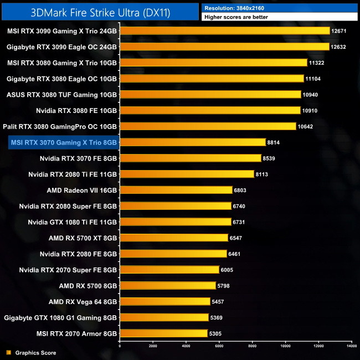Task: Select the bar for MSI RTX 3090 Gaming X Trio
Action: (x=224, y=31)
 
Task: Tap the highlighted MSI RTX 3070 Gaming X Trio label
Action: (x=63, y=143)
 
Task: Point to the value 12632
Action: (x=338, y=47)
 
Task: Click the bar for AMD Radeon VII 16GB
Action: (x=176, y=190)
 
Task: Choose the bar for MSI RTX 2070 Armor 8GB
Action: (x=163, y=333)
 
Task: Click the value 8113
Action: (x=263, y=174)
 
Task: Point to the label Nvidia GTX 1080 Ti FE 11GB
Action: (x=73, y=222)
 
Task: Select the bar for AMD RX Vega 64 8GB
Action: (x=164, y=302)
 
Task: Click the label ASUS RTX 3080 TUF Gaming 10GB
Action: (x=61, y=95)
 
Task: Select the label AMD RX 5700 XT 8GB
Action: (x=83, y=238)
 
